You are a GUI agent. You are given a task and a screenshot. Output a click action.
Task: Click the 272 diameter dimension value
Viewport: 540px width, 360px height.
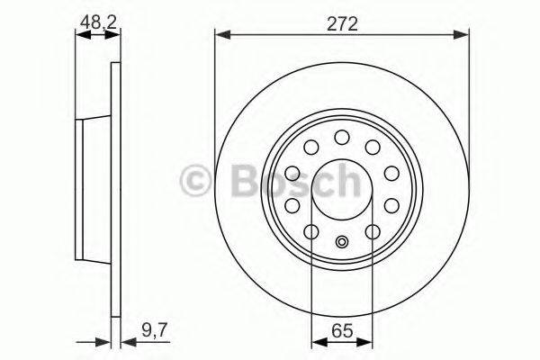pos(342,24)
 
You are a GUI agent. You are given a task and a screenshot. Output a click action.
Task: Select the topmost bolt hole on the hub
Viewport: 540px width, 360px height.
pos(342,137)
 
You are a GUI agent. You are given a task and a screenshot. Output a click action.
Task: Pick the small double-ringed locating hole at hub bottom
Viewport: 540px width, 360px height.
pos(342,241)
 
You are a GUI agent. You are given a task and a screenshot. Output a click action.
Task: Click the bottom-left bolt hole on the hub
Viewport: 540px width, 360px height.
pos(310,233)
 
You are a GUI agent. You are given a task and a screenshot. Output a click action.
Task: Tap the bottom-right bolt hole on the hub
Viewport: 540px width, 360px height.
pos(373,233)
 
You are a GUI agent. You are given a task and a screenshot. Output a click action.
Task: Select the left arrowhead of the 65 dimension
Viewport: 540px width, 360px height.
pos(316,341)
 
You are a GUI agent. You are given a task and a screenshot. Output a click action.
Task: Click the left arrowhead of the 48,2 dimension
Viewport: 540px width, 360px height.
pos(79,34)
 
